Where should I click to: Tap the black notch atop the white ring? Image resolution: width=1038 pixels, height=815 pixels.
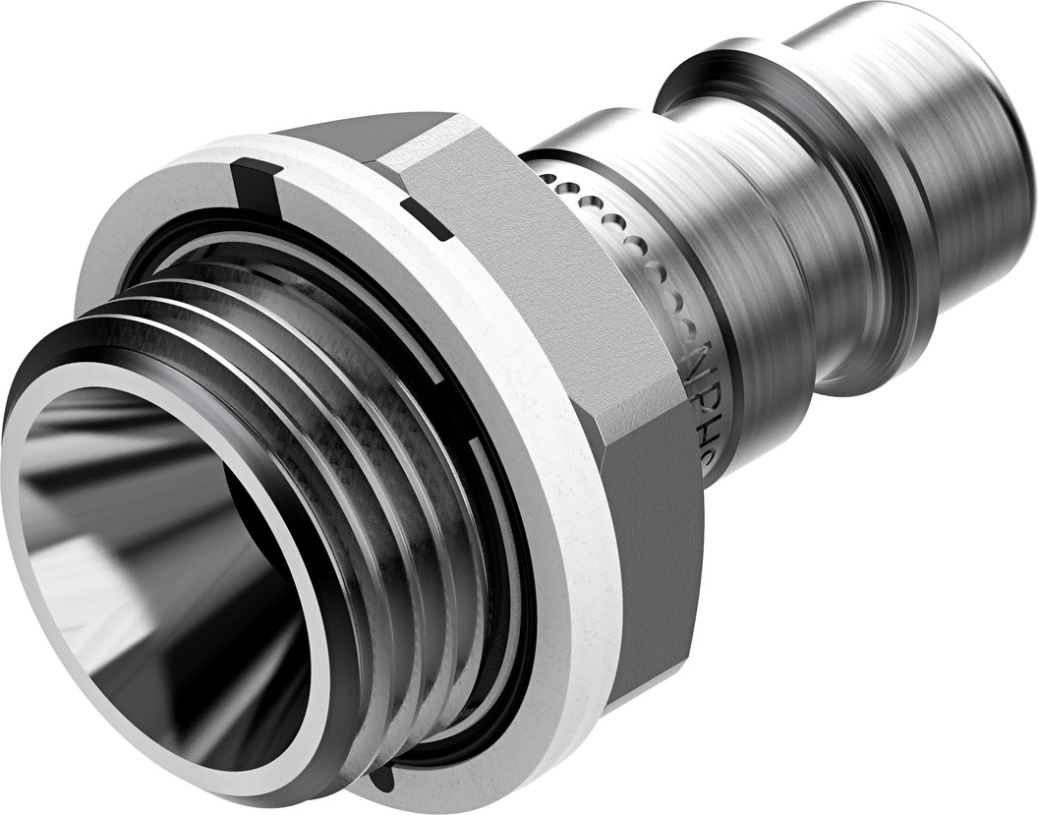[259, 183]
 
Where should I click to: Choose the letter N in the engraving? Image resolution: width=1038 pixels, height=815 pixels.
[701, 359]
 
